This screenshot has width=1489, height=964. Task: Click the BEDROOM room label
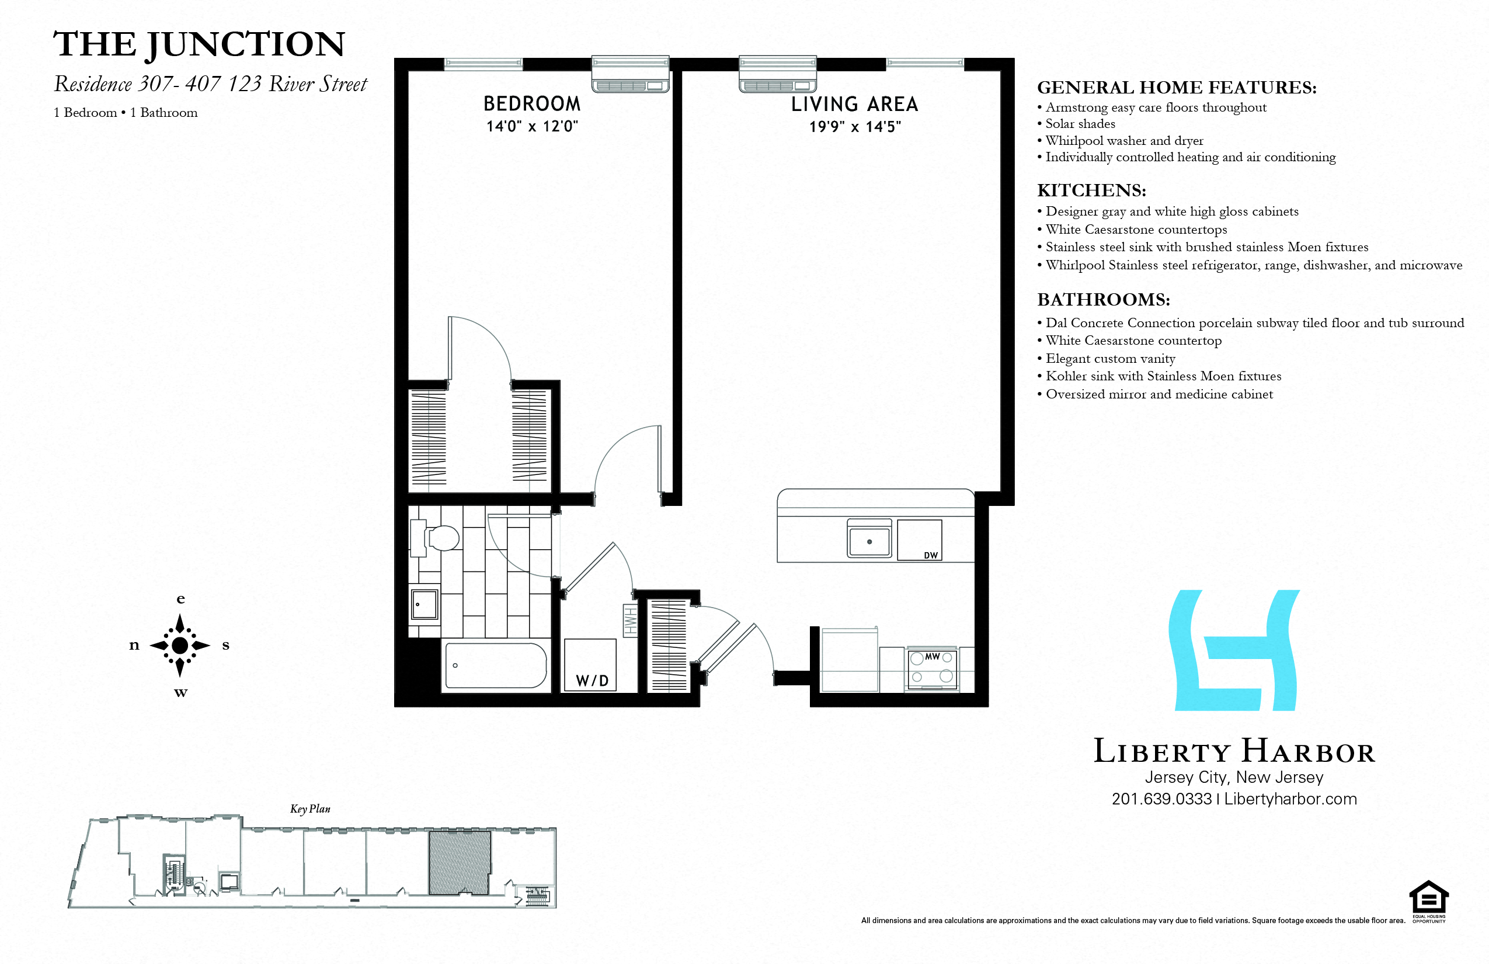click(x=532, y=104)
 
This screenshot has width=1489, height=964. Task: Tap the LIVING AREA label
click(x=855, y=105)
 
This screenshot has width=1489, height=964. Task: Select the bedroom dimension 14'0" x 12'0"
click(x=532, y=126)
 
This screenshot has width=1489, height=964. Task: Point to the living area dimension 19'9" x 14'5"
click(x=855, y=127)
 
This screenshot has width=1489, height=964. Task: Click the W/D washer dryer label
click(x=592, y=681)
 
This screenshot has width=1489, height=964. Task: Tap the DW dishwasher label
click(x=931, y=555)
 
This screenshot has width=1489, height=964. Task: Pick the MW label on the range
click(x=932, y=657)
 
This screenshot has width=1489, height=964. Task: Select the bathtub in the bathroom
click(x=496, y=666)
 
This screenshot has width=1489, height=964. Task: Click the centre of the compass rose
click(x=180, y=646)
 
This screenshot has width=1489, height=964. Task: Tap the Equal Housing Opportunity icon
click(x=1429, y=900)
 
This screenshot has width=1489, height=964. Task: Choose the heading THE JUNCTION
click(x=199, y=44)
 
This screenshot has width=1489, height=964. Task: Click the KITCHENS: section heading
click(x=1092, y=190)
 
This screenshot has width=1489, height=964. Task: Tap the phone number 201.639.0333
click(x=1162, y=799)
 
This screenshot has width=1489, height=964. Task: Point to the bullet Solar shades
click(x=1080, y=124)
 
